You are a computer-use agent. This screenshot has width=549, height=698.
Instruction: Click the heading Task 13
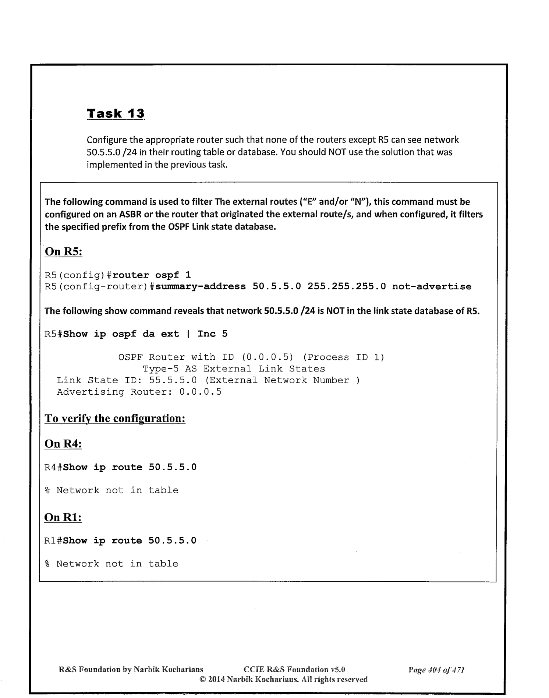click(116, 113)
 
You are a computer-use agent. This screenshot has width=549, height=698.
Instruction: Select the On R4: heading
click(63, 444)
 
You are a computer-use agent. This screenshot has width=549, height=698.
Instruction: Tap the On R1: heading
click(63, 517)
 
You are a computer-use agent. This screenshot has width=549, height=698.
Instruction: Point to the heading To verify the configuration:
click(114, 419)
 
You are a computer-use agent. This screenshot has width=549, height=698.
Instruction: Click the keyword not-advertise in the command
click(432, 286)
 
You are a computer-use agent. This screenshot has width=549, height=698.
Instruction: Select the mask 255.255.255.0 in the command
click(347, 286)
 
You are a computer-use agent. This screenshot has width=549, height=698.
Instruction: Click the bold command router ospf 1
click(152, 275)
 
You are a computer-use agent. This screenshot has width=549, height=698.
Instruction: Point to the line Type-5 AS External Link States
click(234, 369)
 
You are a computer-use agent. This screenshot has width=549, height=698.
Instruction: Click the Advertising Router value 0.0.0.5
click(200, 392)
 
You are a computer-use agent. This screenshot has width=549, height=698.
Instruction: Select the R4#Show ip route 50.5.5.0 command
click(120, 467)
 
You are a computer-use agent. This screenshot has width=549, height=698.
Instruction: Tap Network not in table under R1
click(117, 564)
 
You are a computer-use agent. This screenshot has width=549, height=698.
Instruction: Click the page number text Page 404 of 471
click(436, 670)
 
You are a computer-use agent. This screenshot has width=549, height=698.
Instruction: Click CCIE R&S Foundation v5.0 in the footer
click(294, 670)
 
